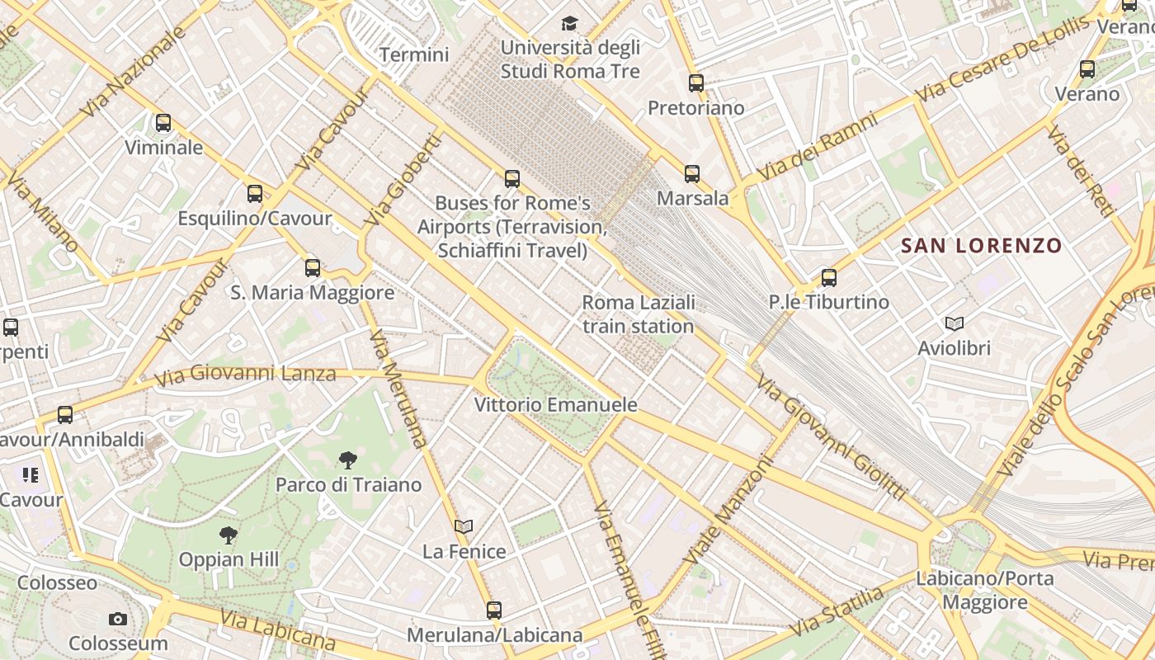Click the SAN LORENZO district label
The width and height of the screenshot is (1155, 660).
click(981, 245)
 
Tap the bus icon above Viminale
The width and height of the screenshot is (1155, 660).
click(163, 124)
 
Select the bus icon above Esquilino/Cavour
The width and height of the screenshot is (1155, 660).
click(255, 195)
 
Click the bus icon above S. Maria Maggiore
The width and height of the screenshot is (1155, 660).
click(312, 268)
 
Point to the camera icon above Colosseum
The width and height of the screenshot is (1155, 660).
click(118, 619)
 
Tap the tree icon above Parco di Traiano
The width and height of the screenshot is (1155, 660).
click(348, 460)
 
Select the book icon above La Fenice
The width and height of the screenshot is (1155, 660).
click(464, 526)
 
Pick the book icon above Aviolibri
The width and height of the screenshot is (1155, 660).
click(955, 324)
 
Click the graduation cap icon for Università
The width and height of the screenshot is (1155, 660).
click(570, 23)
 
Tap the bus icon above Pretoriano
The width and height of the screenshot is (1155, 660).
click(696, 83)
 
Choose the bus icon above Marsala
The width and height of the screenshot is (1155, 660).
click(692, 174)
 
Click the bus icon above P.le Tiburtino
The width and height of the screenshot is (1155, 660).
click(829, 278)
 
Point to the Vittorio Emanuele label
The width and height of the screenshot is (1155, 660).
click(556, 405)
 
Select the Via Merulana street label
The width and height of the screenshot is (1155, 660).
click(398, 389)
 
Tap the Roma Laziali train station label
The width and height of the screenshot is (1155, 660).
click(639, 314)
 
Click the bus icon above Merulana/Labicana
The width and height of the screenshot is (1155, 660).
click(494, 610)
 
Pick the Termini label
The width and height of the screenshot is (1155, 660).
click(414, 55)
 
